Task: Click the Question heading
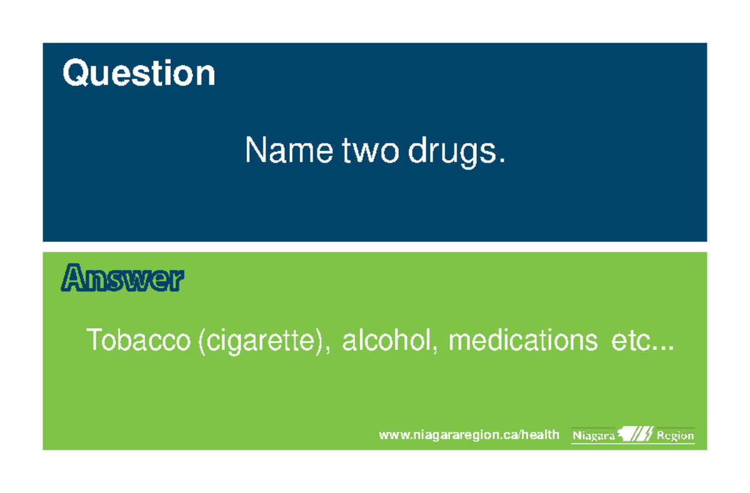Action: (139, 74)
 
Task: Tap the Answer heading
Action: (123, 279)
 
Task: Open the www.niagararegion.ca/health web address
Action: (469, 435)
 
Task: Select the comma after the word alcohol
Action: (436, 351)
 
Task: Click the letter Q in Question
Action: (73, 74)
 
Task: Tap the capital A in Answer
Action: (72, 279)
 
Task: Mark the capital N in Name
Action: (256, 151)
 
